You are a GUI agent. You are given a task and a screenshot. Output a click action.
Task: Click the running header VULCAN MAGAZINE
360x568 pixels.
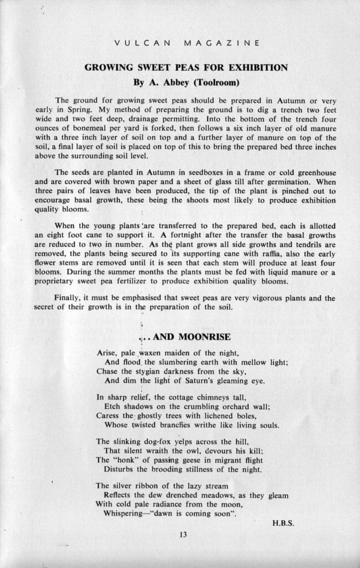pyautogui.click(x=186, y=43)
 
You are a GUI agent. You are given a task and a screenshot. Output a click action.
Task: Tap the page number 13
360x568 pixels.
pyautogui.click(x=183, y=535)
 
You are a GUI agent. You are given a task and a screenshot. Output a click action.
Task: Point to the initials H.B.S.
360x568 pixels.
pyautogui.click(x=283, y=523)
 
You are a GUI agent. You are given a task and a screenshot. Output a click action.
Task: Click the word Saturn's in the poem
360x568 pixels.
pyautogui.click(x=198, y=381)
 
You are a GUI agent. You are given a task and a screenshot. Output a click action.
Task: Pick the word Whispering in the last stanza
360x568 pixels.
pyautogui.click(x=124, y=513)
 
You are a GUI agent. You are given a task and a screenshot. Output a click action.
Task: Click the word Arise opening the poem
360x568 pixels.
pyautogui.click(x=106, y=352)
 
